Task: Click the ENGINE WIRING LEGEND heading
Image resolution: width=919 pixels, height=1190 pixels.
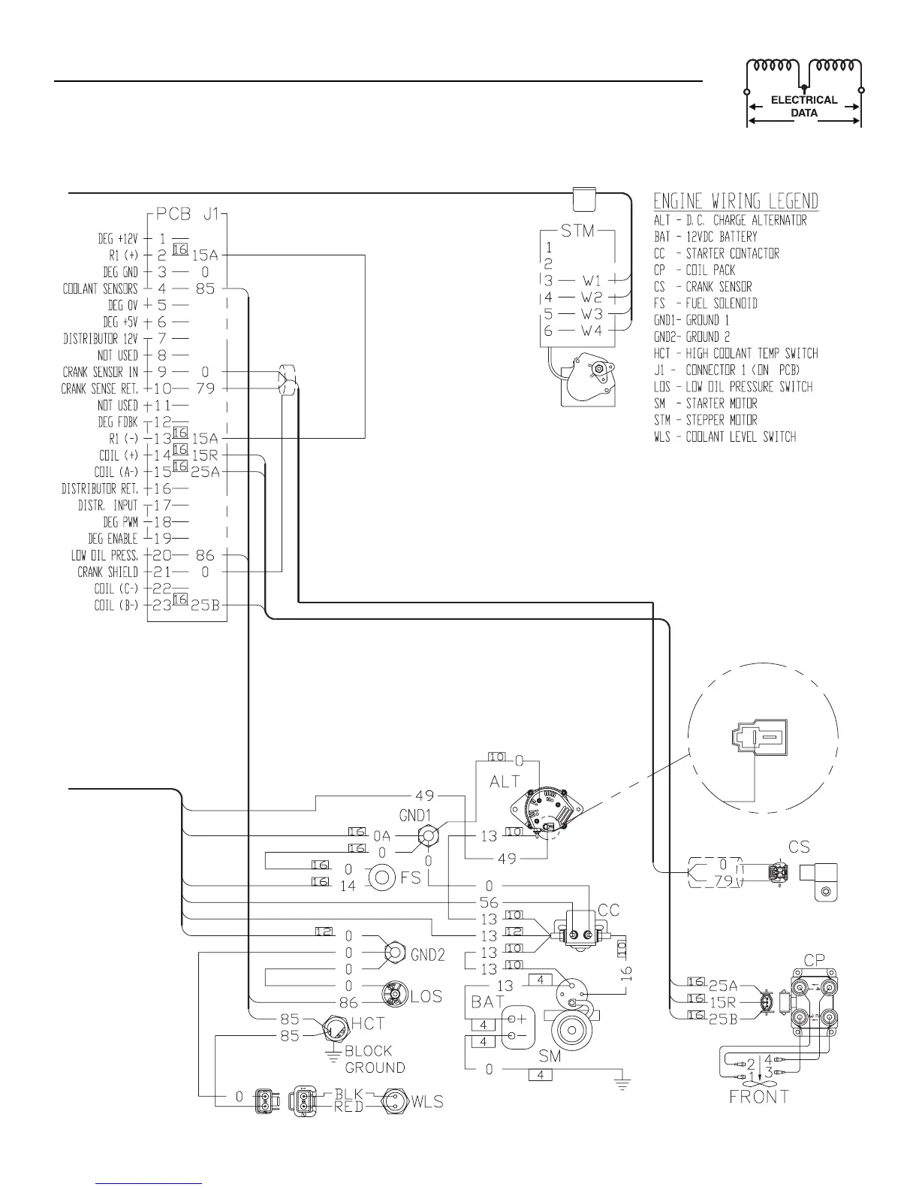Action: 736,201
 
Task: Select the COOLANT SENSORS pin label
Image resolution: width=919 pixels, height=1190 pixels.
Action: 101,288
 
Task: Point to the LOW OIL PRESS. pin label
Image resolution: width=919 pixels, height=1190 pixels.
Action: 105,555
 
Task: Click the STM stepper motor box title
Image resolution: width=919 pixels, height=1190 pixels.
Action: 578,230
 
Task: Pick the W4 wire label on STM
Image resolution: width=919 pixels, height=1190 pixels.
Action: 592,330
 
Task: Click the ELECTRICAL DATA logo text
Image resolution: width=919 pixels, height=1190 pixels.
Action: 804,106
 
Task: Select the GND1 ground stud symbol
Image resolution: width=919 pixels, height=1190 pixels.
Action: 428,834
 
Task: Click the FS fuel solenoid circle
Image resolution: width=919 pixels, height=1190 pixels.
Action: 381,877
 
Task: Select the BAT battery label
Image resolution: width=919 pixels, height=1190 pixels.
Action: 488,1001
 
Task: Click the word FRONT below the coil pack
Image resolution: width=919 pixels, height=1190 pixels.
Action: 759,1096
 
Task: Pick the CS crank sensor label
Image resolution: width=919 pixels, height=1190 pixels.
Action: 800,847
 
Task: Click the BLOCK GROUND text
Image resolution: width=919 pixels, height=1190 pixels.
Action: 375,1059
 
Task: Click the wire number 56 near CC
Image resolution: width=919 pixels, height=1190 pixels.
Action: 489,902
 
